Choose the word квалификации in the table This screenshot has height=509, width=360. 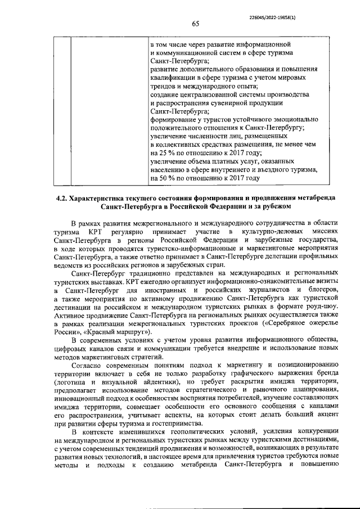pyautogui.click(x=174, y=76)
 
